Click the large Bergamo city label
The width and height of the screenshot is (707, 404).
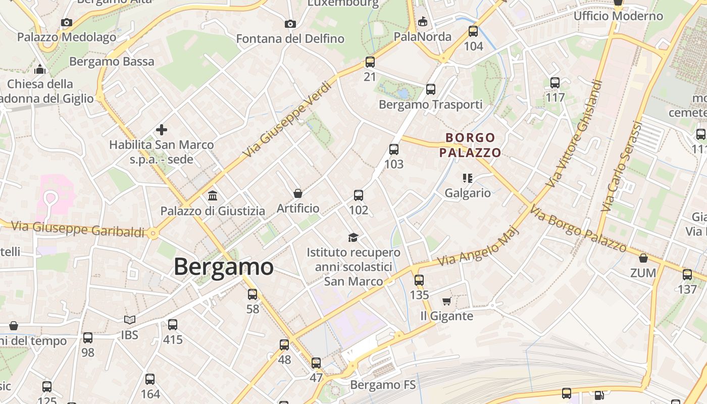coord(224,267)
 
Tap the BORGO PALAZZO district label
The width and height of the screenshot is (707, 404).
coord(470,145)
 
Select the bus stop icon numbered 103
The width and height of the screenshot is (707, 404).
coord(394,149)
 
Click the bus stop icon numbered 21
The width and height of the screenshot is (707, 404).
coord(370,62)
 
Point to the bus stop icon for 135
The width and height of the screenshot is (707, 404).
coord(419,280)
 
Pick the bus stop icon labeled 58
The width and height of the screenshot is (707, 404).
coord(252,294)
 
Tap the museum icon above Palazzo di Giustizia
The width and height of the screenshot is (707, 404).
coord(213,195)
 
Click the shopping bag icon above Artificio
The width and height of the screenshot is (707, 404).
coord(298,193)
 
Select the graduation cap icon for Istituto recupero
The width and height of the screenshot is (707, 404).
coord(353,237)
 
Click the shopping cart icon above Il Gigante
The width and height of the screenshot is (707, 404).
coord(446,301)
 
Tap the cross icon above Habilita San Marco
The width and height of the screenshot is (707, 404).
coord(162,130)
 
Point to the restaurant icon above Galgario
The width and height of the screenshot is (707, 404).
coord(468,178)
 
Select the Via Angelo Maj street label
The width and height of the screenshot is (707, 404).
coord(472,247)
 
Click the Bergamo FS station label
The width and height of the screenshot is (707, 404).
coord(383,385)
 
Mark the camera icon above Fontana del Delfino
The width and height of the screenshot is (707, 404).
coord(290,24)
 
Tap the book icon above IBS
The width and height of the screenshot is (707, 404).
coord(130,320)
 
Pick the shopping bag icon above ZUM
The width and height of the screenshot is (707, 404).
coord(643,258)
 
